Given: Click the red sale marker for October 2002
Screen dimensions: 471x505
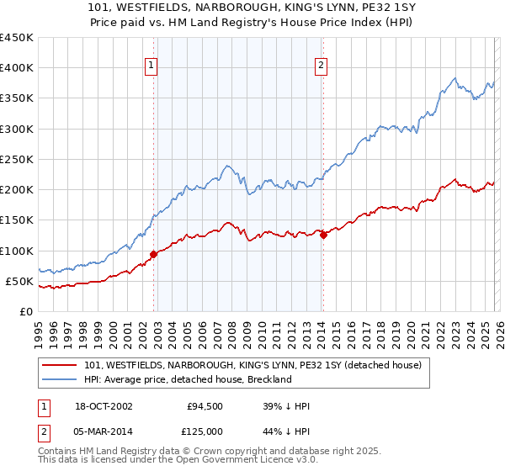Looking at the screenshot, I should (153, 254).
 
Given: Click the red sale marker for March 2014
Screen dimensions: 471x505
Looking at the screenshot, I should (323, 235).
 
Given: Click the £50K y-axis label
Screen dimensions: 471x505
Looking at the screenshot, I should (19, 281).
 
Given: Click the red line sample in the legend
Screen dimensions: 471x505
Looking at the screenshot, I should (61, 364).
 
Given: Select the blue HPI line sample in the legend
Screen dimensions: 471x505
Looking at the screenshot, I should (61, 379).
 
